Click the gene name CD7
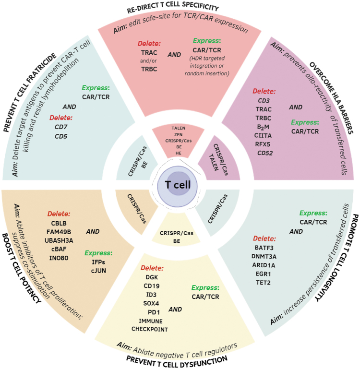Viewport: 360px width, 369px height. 60,127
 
